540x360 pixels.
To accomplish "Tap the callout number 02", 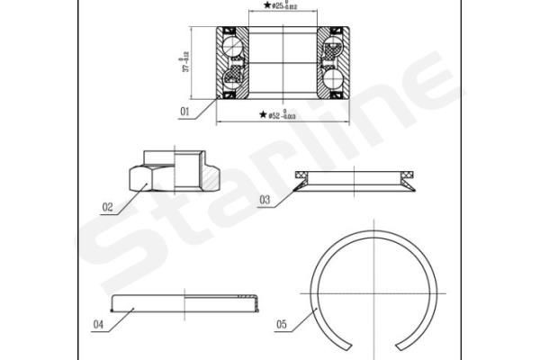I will tap(106, 207).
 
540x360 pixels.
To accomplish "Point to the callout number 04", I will tap(98, 324).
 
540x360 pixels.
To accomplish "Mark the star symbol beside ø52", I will tap(262, 115).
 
